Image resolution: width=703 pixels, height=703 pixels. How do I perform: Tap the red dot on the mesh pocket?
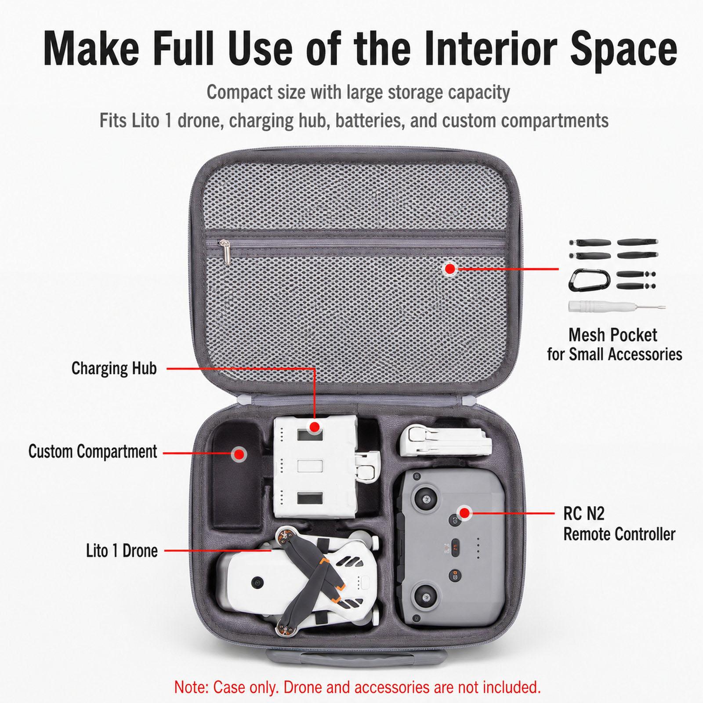coord(449,268)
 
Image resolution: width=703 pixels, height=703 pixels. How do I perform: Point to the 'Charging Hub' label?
coord(114,368)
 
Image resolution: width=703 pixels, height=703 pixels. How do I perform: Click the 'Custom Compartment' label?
coord(92,452)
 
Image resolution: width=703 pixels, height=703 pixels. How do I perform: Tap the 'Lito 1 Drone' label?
coord(122,551)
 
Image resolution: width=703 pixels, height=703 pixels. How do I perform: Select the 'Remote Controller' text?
coord(619,534)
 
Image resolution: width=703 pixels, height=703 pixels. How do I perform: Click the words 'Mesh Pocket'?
coord(612,335)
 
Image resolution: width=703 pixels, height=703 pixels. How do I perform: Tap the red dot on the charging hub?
coord(314,427)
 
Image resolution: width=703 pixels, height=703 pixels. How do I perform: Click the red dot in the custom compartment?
coord(239,454)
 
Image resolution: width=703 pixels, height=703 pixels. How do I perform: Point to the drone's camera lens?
coord(255,582)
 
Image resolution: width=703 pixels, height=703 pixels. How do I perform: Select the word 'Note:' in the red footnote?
coord(192,687)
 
